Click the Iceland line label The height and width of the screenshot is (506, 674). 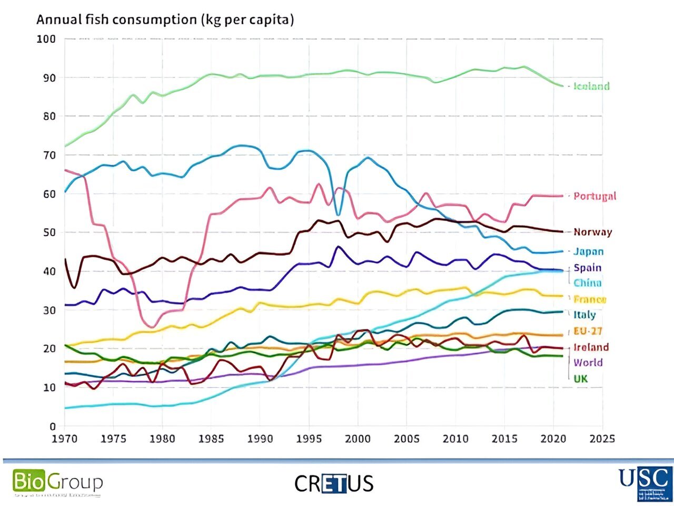click(591, 86)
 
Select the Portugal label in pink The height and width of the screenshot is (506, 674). click(594, 196)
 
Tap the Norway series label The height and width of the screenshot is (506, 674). click(592, 232)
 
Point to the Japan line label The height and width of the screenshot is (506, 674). click(588, 252)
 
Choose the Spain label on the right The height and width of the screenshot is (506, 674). click(587, 268)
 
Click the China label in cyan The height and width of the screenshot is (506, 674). click(587, 283)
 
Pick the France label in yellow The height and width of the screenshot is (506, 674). click(590, 299)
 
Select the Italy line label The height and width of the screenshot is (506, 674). click(584, 315)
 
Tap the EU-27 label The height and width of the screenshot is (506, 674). click(588, 331)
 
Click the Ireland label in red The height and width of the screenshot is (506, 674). click(591, 347)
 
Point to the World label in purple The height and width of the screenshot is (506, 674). click(588, 363)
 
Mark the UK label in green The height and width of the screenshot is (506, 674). click(580, 378)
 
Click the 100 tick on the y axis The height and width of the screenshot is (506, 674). click(46, 39)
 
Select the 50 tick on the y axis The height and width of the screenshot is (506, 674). click(49, 232)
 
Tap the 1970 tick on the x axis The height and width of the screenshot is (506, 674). click(65, 439)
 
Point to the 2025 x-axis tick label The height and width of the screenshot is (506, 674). click(602, 439)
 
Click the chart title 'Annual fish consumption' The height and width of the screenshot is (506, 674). click(165, 20)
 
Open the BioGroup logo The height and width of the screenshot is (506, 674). click(57, 482)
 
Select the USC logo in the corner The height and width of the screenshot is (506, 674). click(646, 482)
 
